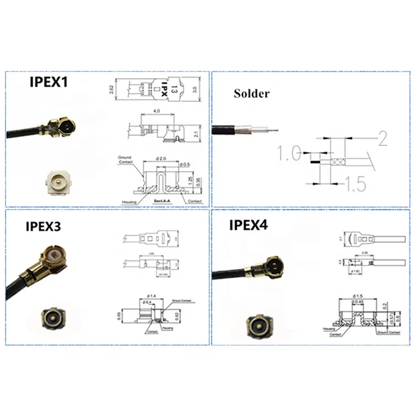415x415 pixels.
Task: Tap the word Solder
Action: (251, 93)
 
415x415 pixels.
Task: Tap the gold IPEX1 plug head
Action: (64, 127)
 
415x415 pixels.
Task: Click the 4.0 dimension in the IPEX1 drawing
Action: (157, 111)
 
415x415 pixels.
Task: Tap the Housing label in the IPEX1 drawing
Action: (128, 201)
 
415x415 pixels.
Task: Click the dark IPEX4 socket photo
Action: (259, 324)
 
